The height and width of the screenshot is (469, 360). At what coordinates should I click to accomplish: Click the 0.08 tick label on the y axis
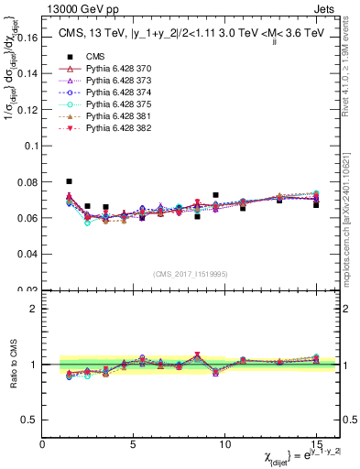pyautogui.click(x=28, y=182)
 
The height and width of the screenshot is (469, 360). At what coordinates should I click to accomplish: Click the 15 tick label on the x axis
pyautogui.click(x=315, y=444)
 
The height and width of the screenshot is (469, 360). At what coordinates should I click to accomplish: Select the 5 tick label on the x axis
pyautogui.click(x=134, y=444)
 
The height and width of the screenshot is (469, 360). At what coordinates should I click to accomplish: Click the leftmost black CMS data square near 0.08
pyautogui.click(x=70, y=181)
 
